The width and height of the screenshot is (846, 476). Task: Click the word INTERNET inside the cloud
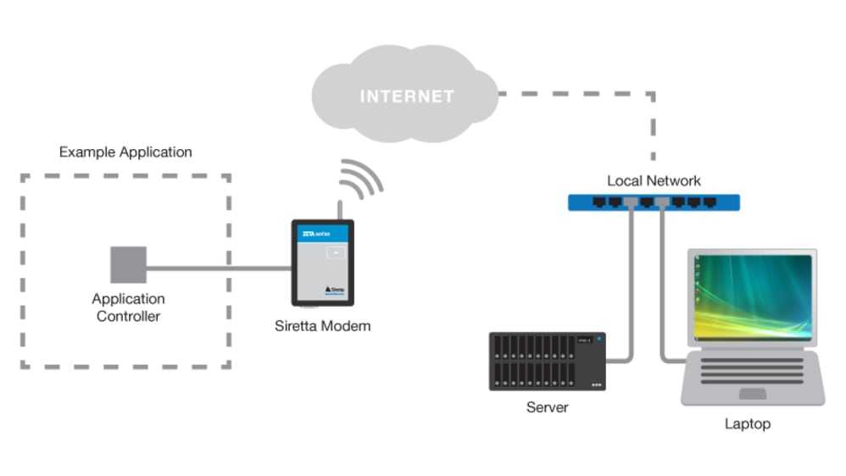pos(407,97)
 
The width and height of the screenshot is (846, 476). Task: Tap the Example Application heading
pos(125,152)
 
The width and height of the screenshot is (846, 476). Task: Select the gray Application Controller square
pos(128,264)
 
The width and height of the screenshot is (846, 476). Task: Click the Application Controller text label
pos(128,307)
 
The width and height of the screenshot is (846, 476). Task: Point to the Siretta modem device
pos(322,263)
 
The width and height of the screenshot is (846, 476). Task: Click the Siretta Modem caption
pos(322,326)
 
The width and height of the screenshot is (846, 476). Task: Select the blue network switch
pos(653,202)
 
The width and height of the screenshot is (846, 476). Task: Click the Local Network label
pos(654,181)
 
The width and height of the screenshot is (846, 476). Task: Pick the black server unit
pos(547,361)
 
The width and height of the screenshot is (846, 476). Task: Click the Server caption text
pos(547,407)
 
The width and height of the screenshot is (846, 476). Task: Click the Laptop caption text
pos(748,423)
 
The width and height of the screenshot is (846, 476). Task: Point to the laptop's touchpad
pos(752,393)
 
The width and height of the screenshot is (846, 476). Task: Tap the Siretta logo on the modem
pos(334,289)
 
